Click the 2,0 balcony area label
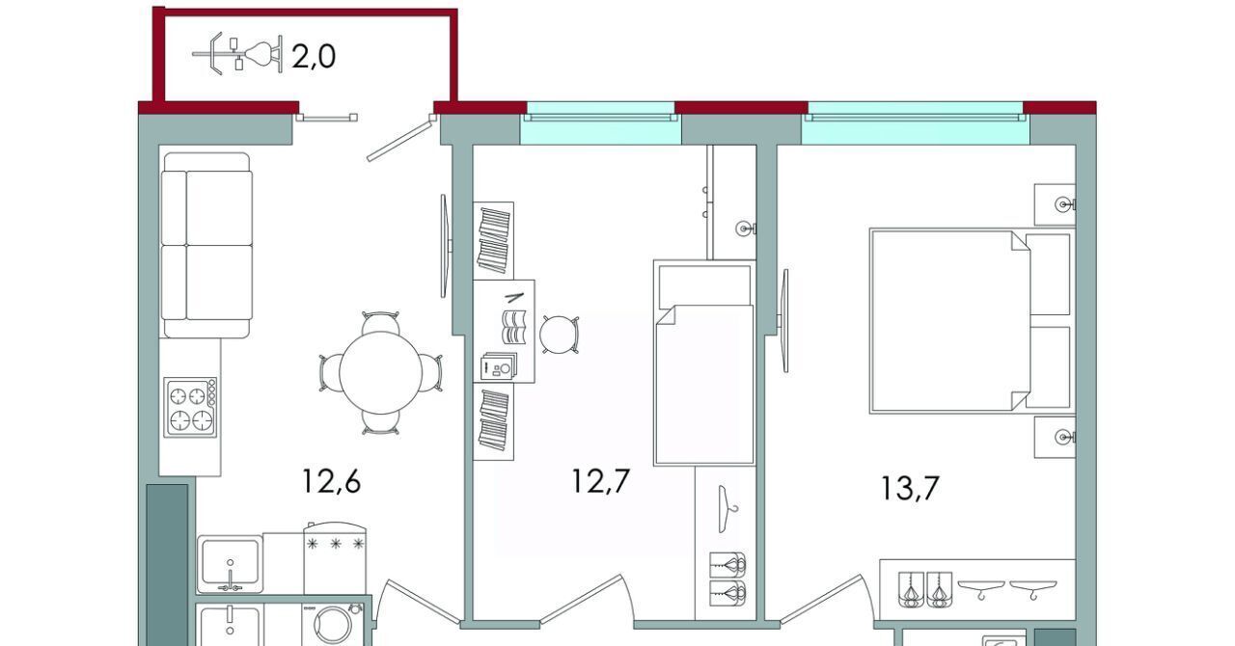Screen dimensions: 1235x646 (x=314, y=57)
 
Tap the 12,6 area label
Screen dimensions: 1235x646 (x=331, y=480)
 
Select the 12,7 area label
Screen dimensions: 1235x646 (x=600, y=480)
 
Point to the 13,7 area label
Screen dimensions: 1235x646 (x=910, y=489)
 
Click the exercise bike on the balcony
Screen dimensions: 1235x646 (x=237, y=53)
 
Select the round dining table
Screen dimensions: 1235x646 (x=380, y=373)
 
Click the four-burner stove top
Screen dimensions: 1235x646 (x=191, y=408)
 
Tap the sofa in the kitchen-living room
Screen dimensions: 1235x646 (x=206, y=245)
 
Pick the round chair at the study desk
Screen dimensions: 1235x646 (x=559, y=335)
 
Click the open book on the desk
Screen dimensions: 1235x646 (x=513, y=327)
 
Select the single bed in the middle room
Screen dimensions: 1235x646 (x=704, y=363)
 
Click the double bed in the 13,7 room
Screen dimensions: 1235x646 (x=972, y=321)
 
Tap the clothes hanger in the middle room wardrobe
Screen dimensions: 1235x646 (x=727, y=509)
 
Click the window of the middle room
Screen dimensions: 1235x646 (x=600, y=122)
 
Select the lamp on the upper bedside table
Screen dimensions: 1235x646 (x=1064, y=205)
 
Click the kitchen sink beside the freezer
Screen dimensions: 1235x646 (x=230, y=563)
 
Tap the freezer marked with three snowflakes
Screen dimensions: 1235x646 (x=335, y=558)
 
